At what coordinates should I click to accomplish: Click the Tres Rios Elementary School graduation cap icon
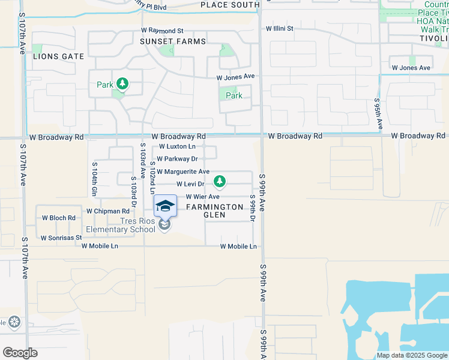click(166, 206)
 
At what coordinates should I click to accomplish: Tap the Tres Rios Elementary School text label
click(121, 225)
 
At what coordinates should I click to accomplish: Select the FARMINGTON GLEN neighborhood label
click(214, 211)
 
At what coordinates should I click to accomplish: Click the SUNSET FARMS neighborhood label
click(173, 41)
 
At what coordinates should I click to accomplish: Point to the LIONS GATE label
click(59, 56)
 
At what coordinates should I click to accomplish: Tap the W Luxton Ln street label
click(177, 146)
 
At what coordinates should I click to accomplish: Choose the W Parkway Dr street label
click(177, 159)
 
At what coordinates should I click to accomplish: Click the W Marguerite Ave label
click(183, 172)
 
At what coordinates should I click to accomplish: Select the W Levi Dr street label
click(191, 184)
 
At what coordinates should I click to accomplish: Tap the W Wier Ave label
click(202, 197)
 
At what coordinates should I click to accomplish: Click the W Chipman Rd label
click(107, 211)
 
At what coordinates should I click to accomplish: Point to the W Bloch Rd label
click(58, 218)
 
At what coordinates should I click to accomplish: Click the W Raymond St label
click(162, 30)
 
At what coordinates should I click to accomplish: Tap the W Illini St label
click(280, 28)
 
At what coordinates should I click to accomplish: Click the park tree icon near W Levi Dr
click(220, 180)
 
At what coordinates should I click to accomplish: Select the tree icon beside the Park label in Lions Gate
click(122, 84)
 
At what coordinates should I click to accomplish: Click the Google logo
click(20, 353)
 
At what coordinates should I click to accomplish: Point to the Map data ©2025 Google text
click(411, 355)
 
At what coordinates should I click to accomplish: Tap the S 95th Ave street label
click(379, 114)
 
